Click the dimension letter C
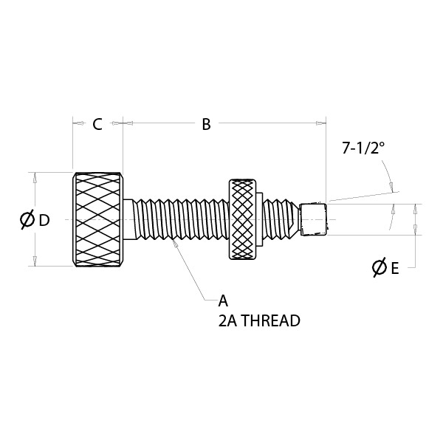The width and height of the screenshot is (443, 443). (97, 125)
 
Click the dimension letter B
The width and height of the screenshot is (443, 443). (206, 125)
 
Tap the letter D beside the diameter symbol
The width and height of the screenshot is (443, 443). (44, 220)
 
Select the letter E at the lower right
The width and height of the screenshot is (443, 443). (395, 268)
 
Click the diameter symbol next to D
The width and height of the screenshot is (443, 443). (27, 219)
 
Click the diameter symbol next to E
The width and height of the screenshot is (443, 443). (379, 267)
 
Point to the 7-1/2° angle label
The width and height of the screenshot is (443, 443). (363, 148)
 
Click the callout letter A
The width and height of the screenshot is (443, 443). (223, 301)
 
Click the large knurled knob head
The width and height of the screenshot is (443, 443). (97, 219)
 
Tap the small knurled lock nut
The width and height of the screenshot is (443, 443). (242, 219)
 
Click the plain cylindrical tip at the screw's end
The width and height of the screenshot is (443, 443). (313, 219)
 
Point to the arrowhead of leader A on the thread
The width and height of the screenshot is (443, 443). (175, 243)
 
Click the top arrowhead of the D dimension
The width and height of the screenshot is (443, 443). (35, 178)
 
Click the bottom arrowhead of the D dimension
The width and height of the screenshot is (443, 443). (35, 261)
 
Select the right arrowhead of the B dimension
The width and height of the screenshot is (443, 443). (320, 123)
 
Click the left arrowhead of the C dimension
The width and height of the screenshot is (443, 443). (79, 123)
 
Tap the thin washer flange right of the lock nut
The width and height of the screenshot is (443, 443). (259, 219)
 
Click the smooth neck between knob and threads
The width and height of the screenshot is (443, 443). (128, 219)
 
